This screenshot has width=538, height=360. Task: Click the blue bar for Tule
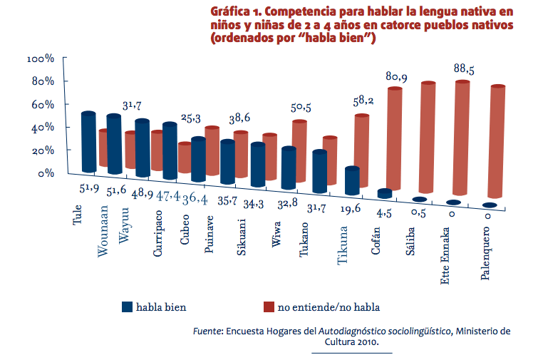(x=88, y=143)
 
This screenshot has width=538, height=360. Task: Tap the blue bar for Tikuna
(x=353, y=180)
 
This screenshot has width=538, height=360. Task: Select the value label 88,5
(x=465, y=69)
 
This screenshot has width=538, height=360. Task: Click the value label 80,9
(x=396, y=76)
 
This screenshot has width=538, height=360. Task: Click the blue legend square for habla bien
(x=128, y=307)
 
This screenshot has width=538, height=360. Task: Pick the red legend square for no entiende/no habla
(x=269, y=307)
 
